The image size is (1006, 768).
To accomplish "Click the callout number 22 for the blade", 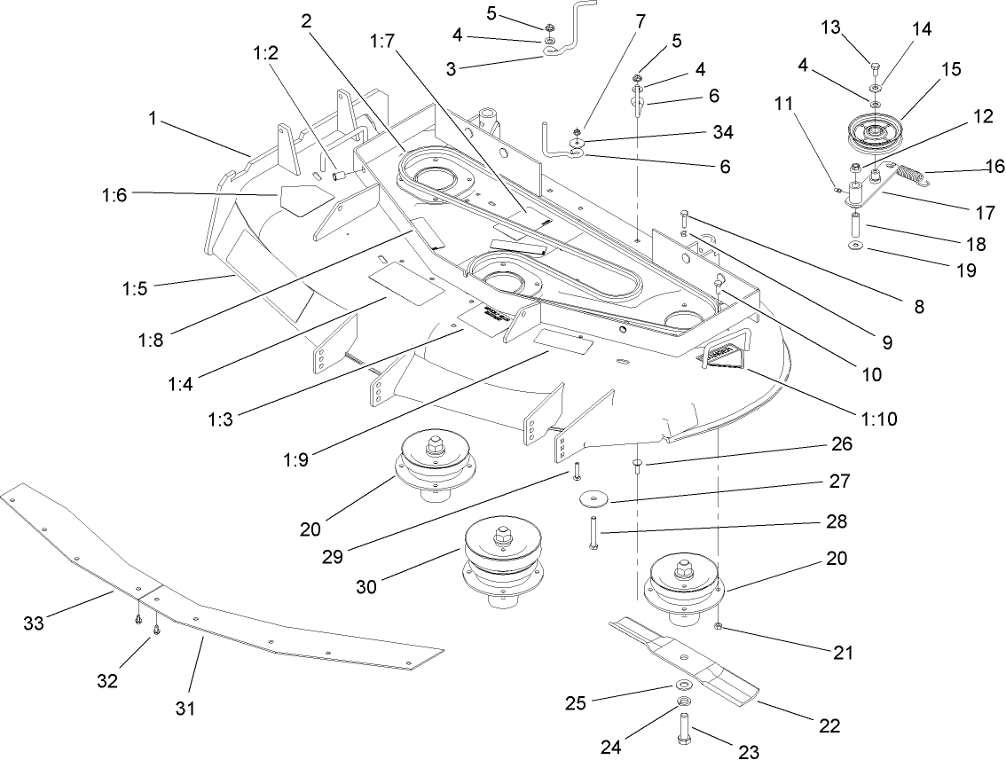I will pos(829,725).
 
